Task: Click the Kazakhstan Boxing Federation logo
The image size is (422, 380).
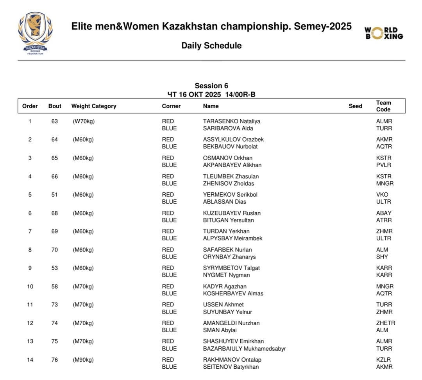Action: coord(35,33)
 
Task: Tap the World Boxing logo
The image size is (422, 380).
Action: coord(383,33)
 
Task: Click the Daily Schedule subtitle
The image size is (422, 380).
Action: coord(211,45)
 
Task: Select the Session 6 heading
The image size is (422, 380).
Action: coord(211,86)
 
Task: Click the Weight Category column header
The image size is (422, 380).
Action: coord(94,106)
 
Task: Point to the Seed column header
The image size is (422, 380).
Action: coord(355,106)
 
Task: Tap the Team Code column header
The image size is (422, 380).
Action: coord(383,106)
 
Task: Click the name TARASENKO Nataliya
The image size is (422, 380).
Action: coord(231,121)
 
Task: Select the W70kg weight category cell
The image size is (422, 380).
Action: coord(84,121)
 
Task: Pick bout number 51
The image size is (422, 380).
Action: coord(54,195)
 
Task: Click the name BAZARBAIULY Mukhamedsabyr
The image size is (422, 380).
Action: coord(244,348)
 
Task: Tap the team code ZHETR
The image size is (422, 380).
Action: coord(385,323)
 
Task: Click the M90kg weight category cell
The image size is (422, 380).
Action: coord(83,360)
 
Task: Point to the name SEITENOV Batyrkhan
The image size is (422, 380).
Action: coord(231,367)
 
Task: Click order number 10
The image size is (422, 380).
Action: coord(30,287)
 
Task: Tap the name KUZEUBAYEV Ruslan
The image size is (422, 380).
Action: coord(232,213)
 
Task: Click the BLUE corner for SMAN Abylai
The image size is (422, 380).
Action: coord(169,330)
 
